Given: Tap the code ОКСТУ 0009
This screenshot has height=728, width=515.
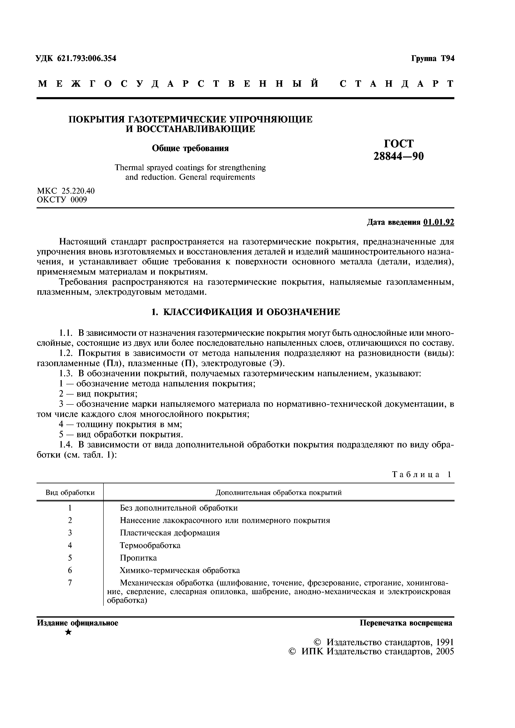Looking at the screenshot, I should [62, 200].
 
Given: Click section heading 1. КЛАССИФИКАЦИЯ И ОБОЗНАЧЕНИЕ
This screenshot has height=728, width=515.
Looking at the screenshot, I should [245, 312].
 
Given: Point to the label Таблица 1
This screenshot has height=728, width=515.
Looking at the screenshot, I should [421, 474].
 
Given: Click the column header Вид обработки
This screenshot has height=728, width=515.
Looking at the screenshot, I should [70, 492].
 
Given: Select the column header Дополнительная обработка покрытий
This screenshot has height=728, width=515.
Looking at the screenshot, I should [279, 492].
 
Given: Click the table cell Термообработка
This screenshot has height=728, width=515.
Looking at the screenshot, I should [150, 545].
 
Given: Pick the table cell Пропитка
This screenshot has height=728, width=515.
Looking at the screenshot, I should [138, 558].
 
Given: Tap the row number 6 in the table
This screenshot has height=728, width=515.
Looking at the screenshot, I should [70, 570].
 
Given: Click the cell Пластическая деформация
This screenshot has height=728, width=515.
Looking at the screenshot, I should [170, 533].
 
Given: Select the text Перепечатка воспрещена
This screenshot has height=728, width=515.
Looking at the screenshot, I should [406, 623].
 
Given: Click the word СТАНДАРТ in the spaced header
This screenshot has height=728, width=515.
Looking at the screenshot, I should [397, 84].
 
